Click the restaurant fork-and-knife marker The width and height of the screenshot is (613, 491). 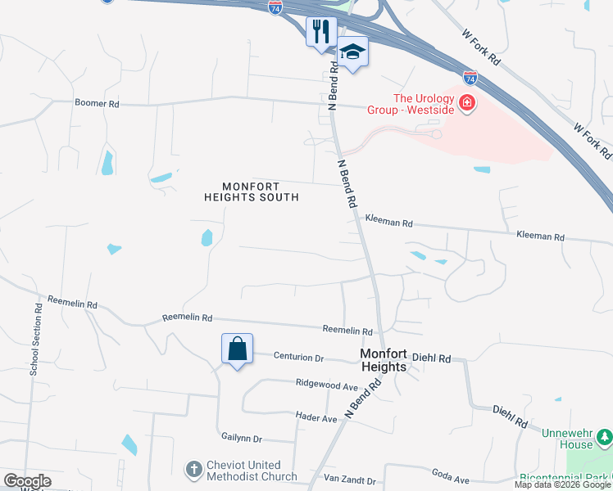pyautogui.click(x=321, y=33)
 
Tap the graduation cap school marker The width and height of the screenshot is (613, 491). pyautogui.click(x=352, y=52)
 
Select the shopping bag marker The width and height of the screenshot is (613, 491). pyautogui.click(x=237, y=349)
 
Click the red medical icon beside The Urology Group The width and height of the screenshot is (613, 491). pyautogui.click(x=467, y=103)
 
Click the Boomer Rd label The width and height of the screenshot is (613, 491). pyautogui.click(x=97, y=104)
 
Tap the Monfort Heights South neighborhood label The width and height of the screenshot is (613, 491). pyautogui.click(x=251, y=191)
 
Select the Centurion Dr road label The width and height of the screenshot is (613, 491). pyautogui.click(x=299, y=358)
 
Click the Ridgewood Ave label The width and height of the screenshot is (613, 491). pyautogui.click(x=327, y=384)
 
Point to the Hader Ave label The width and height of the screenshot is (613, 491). pyautogui.click(x=316, y=418)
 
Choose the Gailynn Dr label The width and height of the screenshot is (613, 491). pyautogui.click(x=241, y=439)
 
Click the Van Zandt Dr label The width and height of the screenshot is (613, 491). pyautogui.click(x=349, y=480)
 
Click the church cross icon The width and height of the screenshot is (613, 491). pyautogui.click(x=193, y=470)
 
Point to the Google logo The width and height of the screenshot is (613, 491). pyautogui.click(x=27, y=481)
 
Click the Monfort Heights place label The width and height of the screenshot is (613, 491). pyautogui.click(x=384, y=360)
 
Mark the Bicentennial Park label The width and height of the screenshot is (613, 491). pyautogui.click(x=565, y=477)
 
